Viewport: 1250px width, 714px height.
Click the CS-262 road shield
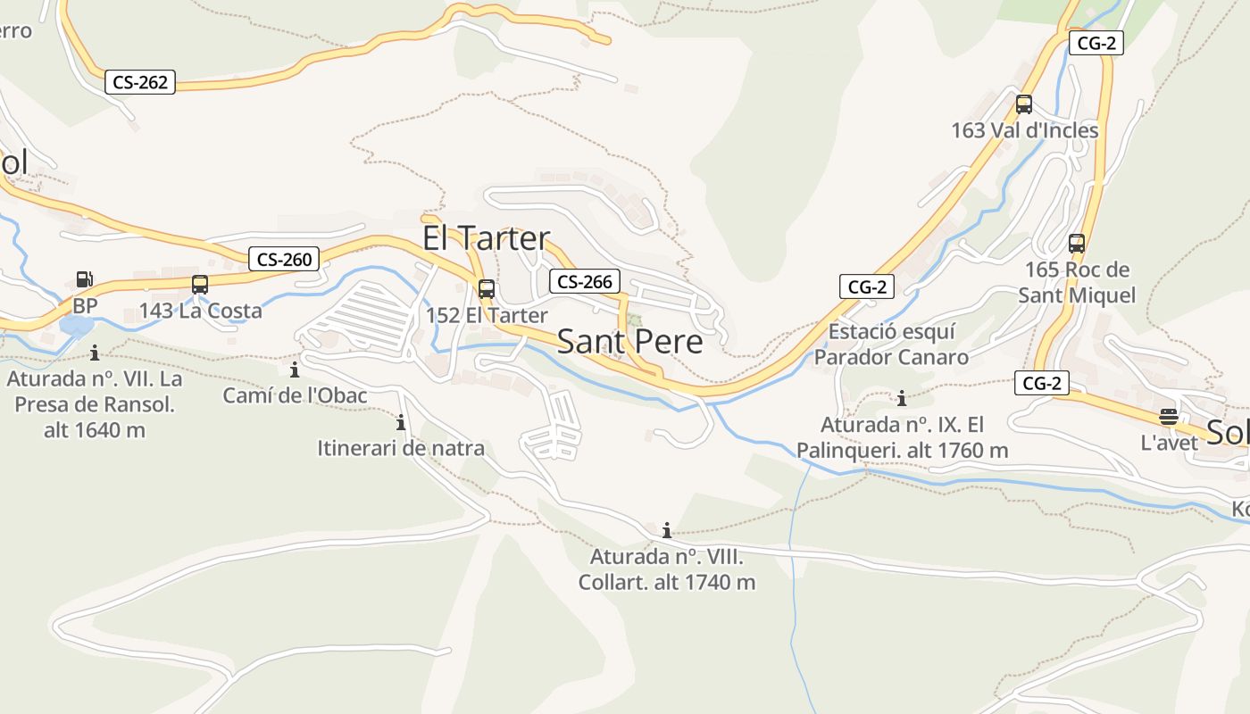[140, 82]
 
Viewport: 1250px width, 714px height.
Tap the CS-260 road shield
[284, 260]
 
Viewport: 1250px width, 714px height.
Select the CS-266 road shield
[585, 282]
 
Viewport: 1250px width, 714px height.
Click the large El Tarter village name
[486, 238]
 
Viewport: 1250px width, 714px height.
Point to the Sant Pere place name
[629, 342]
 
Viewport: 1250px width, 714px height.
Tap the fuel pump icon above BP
[84, 279]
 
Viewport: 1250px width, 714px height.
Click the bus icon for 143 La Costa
[200, 285]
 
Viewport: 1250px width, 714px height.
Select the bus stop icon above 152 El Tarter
[487, 289]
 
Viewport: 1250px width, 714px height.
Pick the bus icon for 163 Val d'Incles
[1024, 104]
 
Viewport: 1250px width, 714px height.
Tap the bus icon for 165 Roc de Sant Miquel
[1077, 243]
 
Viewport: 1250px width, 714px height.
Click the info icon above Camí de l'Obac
[295, 369]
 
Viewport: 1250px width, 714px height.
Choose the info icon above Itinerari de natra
[401, 422]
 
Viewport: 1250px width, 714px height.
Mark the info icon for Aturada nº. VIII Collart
[666, 531]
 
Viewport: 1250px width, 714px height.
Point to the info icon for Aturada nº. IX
[902, 398]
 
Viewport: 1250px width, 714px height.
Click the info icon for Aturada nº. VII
[95, 353]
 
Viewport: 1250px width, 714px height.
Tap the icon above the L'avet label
[1169, 416]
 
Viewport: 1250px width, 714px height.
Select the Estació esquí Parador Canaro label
[891, 345]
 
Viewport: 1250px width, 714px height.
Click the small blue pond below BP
[75, 325]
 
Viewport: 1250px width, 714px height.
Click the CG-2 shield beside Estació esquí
[867, 286]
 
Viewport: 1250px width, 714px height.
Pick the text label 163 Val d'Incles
[1024, 130]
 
